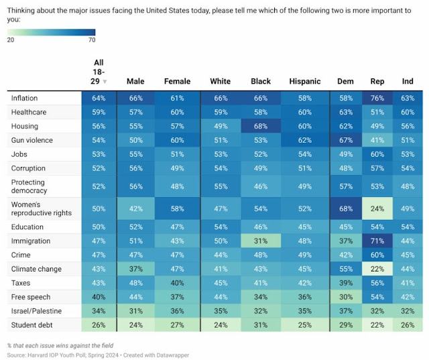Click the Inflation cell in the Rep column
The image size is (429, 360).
(x=377, y=98)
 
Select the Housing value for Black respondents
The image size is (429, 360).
(x=261, y=126)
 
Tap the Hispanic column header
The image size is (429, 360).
(x=305, y=81)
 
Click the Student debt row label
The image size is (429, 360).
(x=32, y=324)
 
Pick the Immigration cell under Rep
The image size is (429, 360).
(x=377, y=241)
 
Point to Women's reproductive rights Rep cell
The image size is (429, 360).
(x=377, y=208)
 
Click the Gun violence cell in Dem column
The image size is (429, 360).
(x=345, y=140)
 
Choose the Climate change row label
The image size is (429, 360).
(x=36, y=269)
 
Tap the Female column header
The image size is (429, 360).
(x=177, y=81)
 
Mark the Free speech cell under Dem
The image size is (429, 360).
(x=345, y=296)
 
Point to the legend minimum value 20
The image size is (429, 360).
(x=11, y=40)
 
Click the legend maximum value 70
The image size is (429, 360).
(x=91, y=40)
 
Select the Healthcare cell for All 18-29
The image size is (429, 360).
(x=99, y=112)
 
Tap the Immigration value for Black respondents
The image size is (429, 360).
(x=261, y=241)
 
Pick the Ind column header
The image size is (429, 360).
(x=406, y=81)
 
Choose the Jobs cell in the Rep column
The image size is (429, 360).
(x=377, y=154)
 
